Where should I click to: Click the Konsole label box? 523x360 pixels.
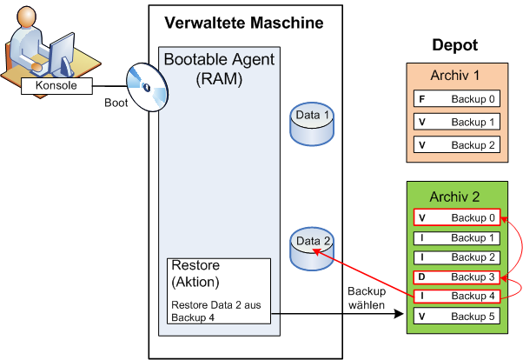56,86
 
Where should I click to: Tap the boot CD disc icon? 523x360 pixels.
147,87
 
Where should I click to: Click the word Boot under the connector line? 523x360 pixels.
116,103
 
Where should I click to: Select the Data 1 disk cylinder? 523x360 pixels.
312,123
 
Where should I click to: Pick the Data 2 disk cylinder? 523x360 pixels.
312,249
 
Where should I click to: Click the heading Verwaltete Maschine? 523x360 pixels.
244,23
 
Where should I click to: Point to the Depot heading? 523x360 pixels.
455,44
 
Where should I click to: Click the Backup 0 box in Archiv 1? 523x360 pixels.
457,98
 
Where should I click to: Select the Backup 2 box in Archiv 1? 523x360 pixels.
457,144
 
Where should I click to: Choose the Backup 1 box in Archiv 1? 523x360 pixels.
457,122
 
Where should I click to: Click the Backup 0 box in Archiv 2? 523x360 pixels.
457,217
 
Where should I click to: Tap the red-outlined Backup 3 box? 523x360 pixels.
457,277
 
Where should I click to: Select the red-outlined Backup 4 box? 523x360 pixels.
457,297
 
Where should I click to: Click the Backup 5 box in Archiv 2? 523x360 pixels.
457,316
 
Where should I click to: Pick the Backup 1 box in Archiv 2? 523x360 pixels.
457,238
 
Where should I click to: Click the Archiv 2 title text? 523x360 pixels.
454,197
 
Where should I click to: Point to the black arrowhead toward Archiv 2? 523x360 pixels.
399,314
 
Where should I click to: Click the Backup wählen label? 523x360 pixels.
367,298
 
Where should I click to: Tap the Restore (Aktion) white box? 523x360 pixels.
219,291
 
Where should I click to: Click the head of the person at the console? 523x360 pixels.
26,17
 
